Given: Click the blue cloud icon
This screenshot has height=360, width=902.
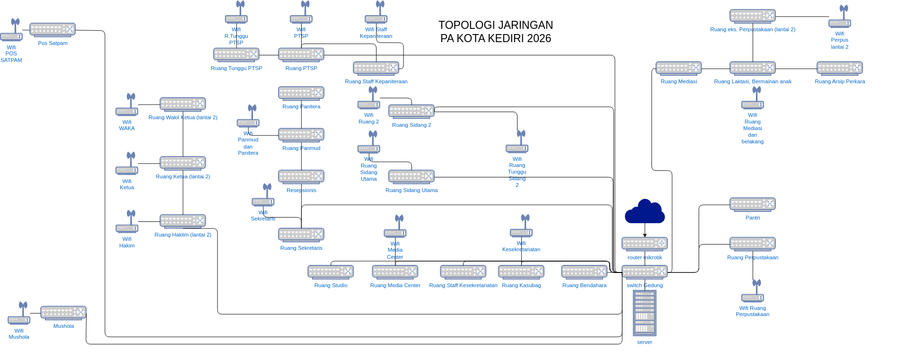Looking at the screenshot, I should pos(645,211).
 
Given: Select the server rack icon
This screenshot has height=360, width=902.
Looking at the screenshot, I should pos(645,313).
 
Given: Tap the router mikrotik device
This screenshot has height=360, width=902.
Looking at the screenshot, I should pos(644,243).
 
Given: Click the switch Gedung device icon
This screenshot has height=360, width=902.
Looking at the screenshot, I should pos(644,272).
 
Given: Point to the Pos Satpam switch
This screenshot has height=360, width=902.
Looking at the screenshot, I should pos(53,30).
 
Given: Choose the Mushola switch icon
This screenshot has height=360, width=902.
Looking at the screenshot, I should pos(63,313).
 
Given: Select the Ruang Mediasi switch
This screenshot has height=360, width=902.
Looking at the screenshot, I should pos(678,68).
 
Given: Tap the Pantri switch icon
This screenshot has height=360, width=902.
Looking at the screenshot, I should pos(752,204).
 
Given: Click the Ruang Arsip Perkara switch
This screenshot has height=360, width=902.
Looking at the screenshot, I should pos(839,68).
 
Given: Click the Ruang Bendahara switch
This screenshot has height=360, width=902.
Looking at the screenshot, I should pos(584,272).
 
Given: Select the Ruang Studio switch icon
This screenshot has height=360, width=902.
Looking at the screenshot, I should pos(330,272).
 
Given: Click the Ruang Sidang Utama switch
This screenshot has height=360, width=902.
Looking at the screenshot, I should pos(411,176).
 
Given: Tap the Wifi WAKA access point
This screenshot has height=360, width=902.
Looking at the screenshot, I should pos(127,106).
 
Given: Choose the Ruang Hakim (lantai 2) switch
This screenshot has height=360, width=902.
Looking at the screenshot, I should pos(182,221).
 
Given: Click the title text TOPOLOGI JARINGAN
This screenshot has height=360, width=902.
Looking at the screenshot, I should pos(494,25).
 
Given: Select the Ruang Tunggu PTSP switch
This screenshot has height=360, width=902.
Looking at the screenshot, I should pos(236,55).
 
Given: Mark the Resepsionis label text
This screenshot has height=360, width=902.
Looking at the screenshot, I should pos(301,190).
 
